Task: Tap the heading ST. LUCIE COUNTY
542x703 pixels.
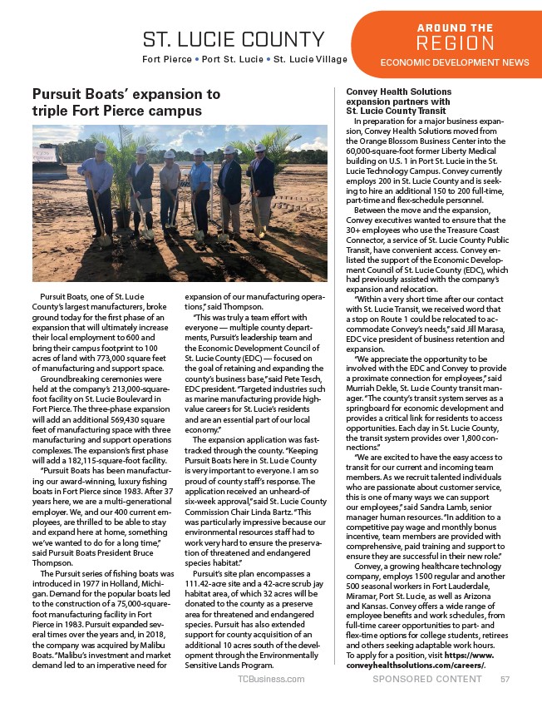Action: [x=234, y=39]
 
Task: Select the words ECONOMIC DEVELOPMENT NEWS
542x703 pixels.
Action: [x=455, y=62]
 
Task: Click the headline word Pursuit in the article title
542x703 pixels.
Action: [x=57, y=94]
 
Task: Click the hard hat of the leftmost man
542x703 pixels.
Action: [x=101, y=147]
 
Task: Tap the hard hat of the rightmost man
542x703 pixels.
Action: [x=260, y=148]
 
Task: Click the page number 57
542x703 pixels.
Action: [x=505, y=679]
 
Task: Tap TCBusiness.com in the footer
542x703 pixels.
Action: [x=271, y=679]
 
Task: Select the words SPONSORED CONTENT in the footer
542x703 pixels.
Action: [x=427, y=679]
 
